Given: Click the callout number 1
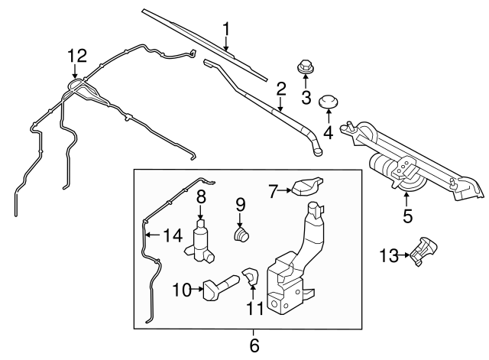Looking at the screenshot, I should click(226, 29).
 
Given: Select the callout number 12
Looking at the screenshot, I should click(77, 55).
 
